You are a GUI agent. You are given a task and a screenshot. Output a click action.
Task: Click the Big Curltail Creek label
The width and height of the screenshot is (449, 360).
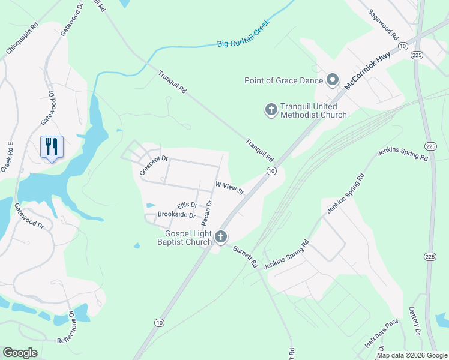pos(244,35)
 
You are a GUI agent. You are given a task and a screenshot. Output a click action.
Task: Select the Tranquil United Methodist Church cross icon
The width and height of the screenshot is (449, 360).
pos(271,109)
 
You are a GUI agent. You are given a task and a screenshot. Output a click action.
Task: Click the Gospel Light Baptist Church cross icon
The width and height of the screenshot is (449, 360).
pos(221,237)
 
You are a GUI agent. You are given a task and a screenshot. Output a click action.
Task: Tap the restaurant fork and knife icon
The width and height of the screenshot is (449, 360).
pos(51,146)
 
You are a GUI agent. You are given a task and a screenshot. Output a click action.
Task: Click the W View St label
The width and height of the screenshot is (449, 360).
pos(229,188)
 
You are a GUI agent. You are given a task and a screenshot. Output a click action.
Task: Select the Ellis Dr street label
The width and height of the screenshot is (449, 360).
pos(187,205)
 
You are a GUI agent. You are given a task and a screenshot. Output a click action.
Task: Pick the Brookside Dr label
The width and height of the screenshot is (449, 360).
pos(176,215)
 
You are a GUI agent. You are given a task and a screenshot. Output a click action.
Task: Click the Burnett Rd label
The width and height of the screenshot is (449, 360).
pos(246,256)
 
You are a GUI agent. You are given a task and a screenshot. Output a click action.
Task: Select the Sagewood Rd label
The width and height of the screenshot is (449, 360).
pos(384,24)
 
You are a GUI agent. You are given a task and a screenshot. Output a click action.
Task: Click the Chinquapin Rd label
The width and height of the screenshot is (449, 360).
pos(22,39)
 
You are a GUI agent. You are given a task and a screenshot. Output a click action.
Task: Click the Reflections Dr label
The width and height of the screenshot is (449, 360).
pos(66,327)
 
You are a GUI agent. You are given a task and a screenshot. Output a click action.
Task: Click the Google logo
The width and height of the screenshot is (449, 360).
pos(20,353)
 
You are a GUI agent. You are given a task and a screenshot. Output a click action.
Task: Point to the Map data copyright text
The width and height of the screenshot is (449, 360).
pos(412,355)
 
